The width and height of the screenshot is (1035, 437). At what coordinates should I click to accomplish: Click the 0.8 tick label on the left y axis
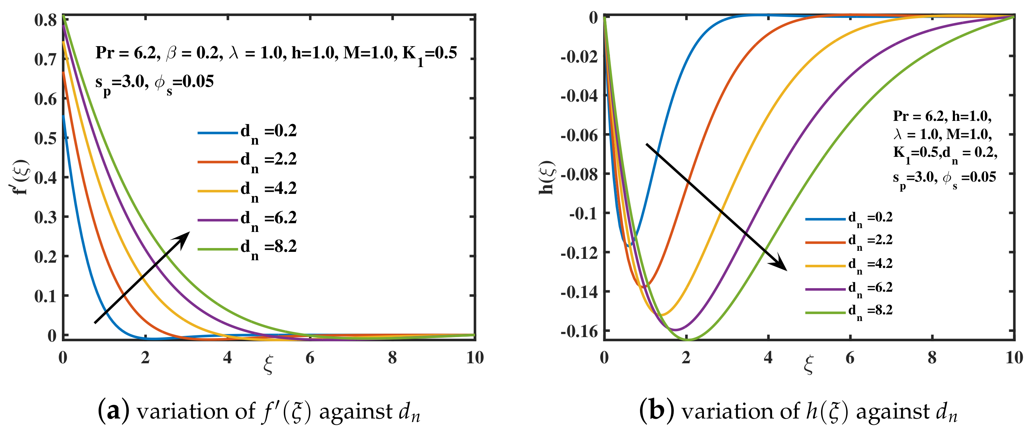tap(45, 20)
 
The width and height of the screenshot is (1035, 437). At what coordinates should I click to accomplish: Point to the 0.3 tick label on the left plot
tap(45, 217)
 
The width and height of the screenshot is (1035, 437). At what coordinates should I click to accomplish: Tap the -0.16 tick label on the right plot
tap(579, 332)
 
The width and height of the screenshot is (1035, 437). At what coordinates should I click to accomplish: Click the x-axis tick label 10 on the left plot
tap(475, 357)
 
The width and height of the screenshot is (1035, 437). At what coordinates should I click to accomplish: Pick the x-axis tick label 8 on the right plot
tap(932, 357)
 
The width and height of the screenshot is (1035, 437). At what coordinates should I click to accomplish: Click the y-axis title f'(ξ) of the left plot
tap(20, 177)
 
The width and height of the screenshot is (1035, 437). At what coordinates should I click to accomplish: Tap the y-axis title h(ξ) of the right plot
tap(547, 177)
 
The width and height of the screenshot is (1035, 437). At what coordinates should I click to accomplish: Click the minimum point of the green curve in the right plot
tap(688, 340)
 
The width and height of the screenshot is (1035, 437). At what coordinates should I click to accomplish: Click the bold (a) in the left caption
tap(114, 411)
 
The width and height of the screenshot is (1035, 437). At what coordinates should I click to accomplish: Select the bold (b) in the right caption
tap(656, 411)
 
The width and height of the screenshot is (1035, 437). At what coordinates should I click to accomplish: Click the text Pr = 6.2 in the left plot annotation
tap(126, 53)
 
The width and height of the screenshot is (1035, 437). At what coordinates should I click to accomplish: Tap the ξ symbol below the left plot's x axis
tap(268, 364)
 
